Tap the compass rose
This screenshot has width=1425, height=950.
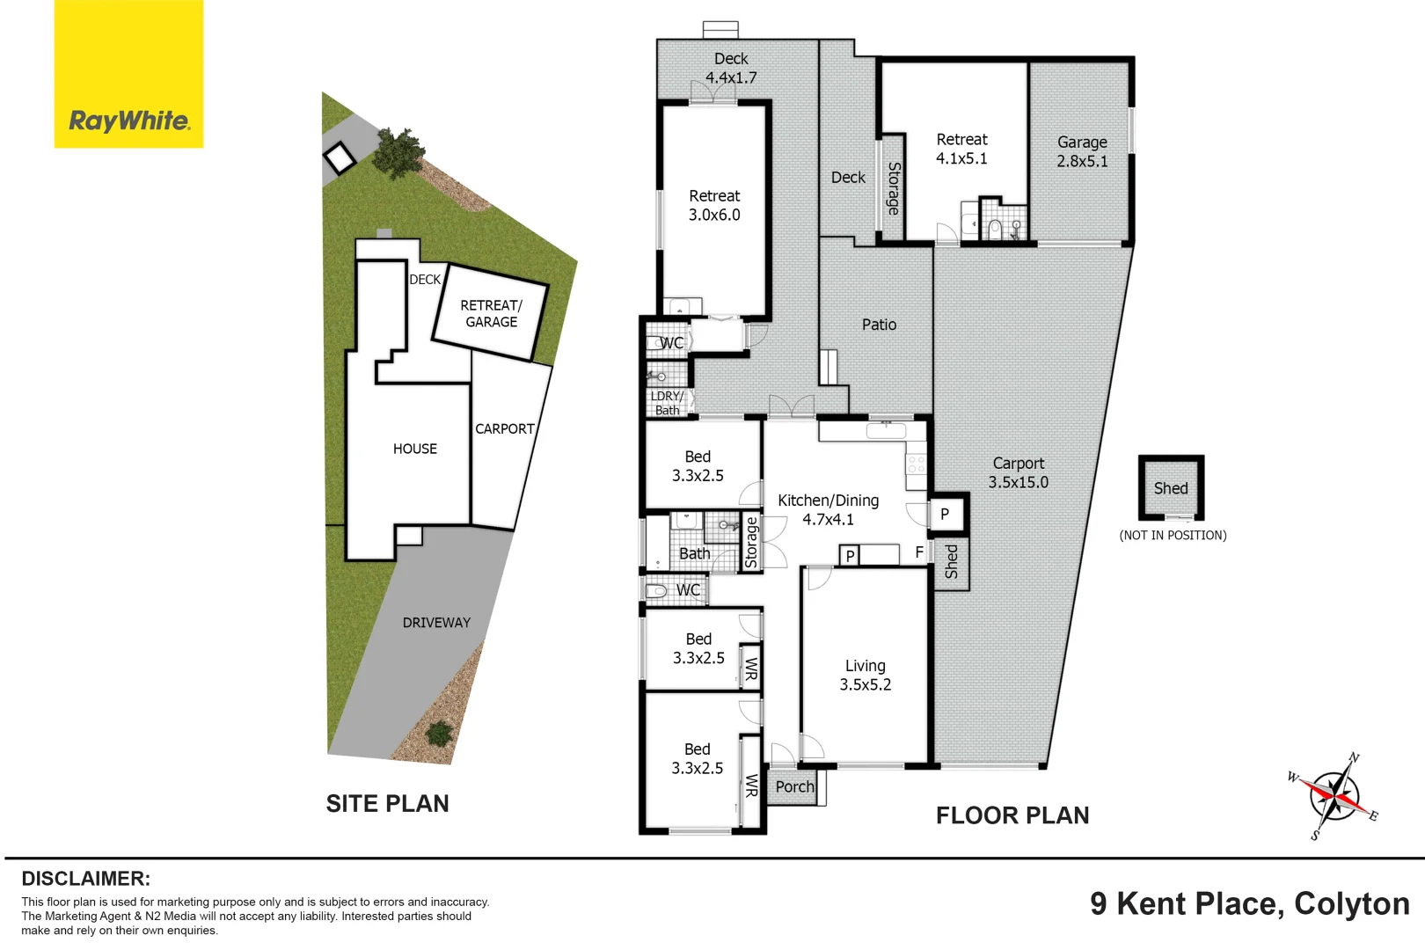click(x=1334, y=797)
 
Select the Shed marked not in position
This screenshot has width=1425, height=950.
click(x=1171, y=488)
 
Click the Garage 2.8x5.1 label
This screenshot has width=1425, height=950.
click(x=1082, y=151)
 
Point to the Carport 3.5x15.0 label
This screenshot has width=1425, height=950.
click(x=1018, y=472)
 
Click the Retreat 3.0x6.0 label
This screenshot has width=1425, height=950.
click(x=714, y=205)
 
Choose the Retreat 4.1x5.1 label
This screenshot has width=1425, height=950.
click(x=961, y=149)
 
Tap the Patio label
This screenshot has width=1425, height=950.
click(x=879, y=325)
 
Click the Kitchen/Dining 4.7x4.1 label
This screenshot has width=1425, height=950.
click(x=828, y=509)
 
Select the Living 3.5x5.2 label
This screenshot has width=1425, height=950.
click(x=865, y=675)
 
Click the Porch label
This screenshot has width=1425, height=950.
click(x=794, y=787)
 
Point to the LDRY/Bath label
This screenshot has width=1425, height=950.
click(x=667, y=403)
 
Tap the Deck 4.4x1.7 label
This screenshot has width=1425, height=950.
click(x=731, y=68)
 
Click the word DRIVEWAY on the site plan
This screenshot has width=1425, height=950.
click(x=436, y=623)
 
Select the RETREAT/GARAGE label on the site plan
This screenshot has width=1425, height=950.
click(x=491, y=313)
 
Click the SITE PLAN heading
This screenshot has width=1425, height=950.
click(x=387, y=803)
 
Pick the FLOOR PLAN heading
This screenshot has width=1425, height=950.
click(x=1012, y=815)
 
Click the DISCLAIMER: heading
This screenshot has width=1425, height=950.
click(x=85, y=879)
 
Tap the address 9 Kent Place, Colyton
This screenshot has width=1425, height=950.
click(x=1249, y=903)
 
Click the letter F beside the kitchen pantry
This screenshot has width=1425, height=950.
click(x=919, y=552)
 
